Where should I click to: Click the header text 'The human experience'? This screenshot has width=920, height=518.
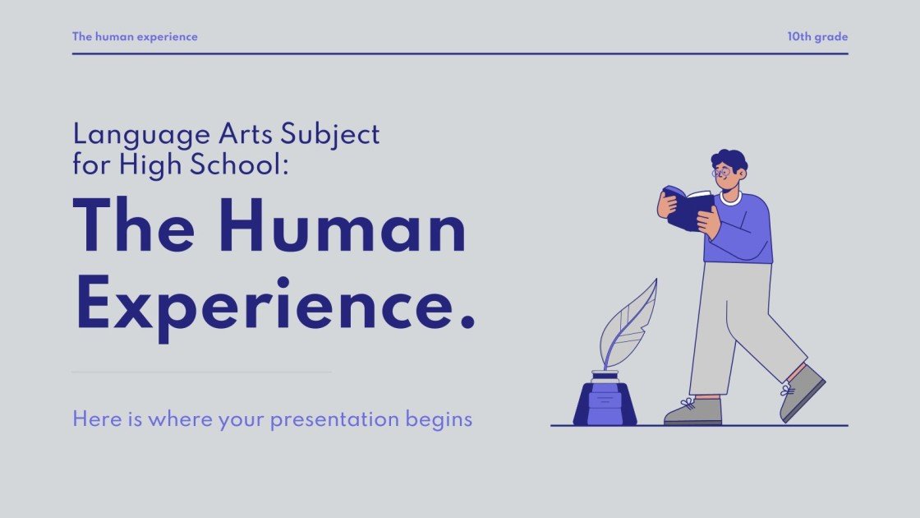[135, 37]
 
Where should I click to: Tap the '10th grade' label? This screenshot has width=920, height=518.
[816, 37]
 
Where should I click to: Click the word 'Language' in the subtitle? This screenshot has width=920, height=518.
[129, 134]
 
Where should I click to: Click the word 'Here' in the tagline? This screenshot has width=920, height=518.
[92, 419]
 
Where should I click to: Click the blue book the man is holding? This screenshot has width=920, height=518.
[686, 208]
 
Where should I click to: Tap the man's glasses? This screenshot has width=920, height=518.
[720, 173]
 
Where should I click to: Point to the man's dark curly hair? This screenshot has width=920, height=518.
[729, 159]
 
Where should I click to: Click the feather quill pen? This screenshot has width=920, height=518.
[628, 325]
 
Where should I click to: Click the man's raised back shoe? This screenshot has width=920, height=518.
[801, 391]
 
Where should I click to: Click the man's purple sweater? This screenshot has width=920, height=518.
[743, 230]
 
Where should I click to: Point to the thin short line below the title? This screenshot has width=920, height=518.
[201, 372]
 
